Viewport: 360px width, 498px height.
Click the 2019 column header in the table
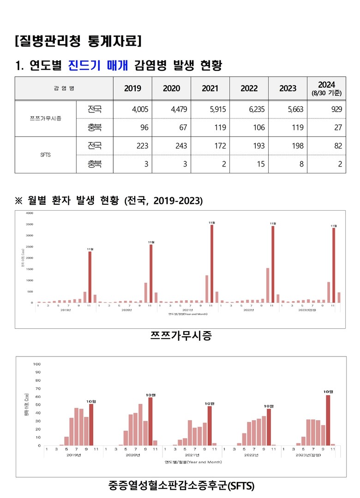(133, 89)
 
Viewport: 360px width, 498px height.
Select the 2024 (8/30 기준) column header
(326, 88)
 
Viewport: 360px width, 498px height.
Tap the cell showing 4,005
(133, 109)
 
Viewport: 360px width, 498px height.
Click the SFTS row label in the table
(45, 155)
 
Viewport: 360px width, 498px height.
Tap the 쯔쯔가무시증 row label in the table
(45, 119)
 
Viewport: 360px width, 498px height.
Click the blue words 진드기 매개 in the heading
(97, 65)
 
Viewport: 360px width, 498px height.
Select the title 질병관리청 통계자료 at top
(78, 41)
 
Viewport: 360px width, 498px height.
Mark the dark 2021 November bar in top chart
(212, 263)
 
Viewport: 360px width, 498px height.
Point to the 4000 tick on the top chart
(30, 213)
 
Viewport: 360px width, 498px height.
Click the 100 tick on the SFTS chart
(36, 364)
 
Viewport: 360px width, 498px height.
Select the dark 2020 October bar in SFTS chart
(150, 421)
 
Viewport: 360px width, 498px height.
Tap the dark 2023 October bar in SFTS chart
(328, 421)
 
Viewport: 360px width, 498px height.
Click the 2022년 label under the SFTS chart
(251, 455)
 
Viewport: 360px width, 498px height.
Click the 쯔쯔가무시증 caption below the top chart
(180, 336)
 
